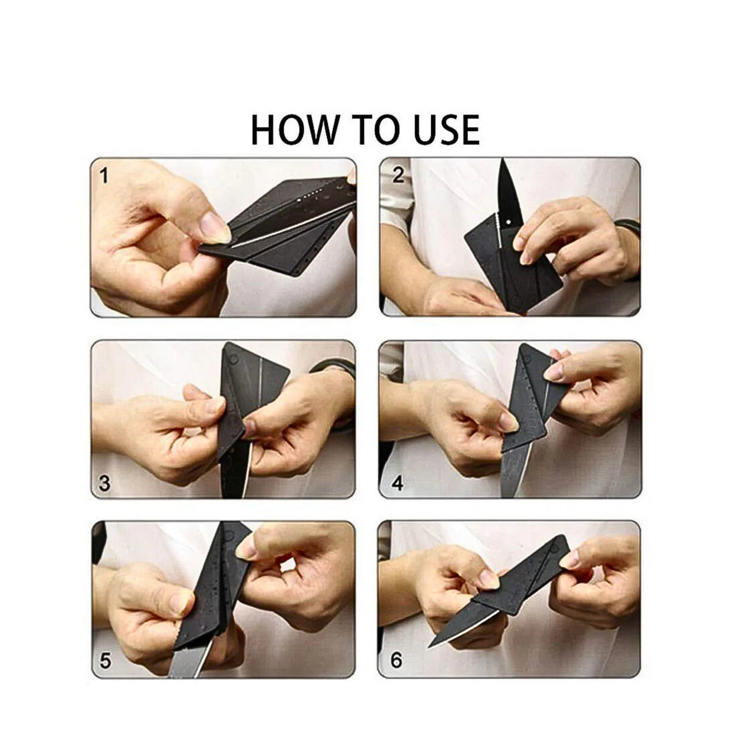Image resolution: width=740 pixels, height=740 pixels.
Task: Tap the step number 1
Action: click(x=104, y=176)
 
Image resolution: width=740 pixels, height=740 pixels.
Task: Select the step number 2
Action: click(x=398, y=175)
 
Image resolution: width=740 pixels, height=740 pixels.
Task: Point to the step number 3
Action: click(x=104, y=482)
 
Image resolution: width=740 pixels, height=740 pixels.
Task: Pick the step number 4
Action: click(x=397, y=482)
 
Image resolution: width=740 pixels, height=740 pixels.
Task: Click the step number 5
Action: click(x=105, y=661)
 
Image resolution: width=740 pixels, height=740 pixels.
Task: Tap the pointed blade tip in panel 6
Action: click(x=431, y=646)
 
